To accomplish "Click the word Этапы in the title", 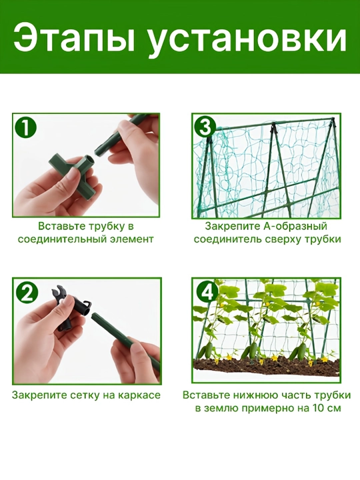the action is click(x=71, y=38).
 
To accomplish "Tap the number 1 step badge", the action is click(x=25, y=127).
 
